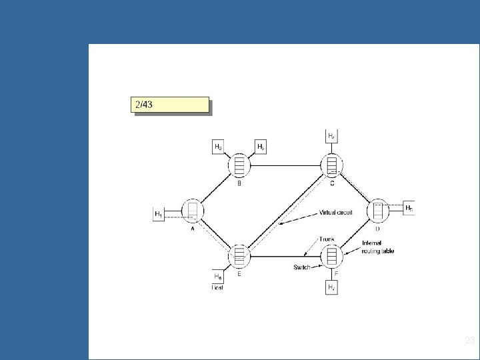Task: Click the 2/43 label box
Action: coord(169,105)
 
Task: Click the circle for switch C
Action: coord(331,164)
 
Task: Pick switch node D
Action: coord(378,210)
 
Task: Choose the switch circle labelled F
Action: coord(331,256)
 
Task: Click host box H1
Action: coord(159,214)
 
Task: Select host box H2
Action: coord(218,146)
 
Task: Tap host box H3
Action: coord(261,146)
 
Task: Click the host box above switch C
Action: coord(331,135)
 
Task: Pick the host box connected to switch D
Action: coord(409,207)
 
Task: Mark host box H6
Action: coord(218,276)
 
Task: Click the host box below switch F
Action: coord(331,287)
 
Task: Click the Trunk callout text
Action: coord(327,239)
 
